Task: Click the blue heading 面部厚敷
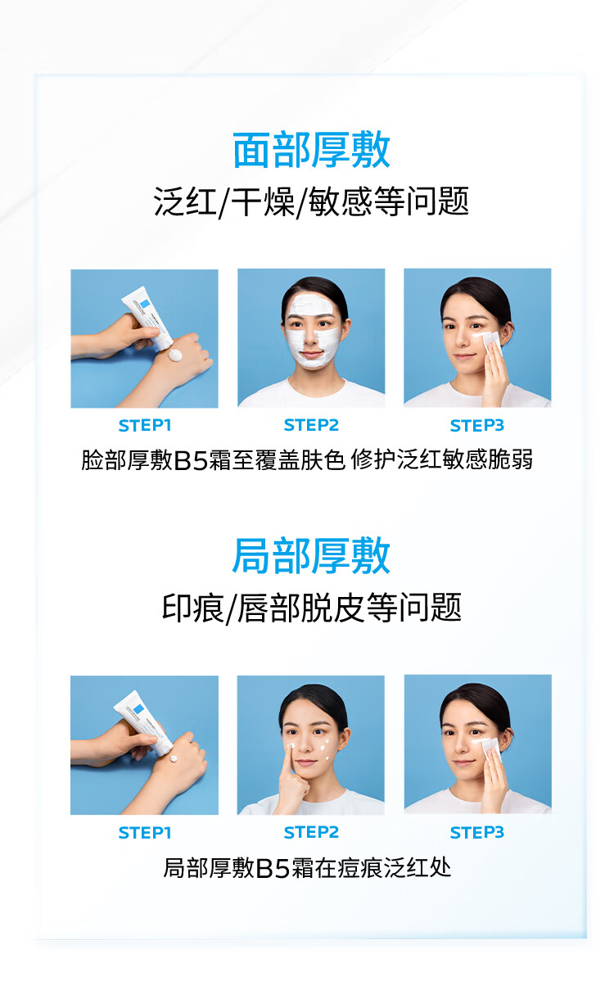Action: coord(311,150)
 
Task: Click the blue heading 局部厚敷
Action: coord(311,556)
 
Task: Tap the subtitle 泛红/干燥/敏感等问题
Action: coord(311,202)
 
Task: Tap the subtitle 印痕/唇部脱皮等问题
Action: coord(311,608)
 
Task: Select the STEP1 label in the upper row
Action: coord(145,426)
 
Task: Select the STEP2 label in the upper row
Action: coord(311,425)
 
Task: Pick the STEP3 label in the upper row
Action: coord(477,426)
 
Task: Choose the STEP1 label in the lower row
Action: coord(145,832)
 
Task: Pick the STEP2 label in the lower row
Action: coord(311,832)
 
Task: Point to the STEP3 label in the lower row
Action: coord(477,832)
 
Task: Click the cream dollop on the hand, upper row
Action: coord(174,355)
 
